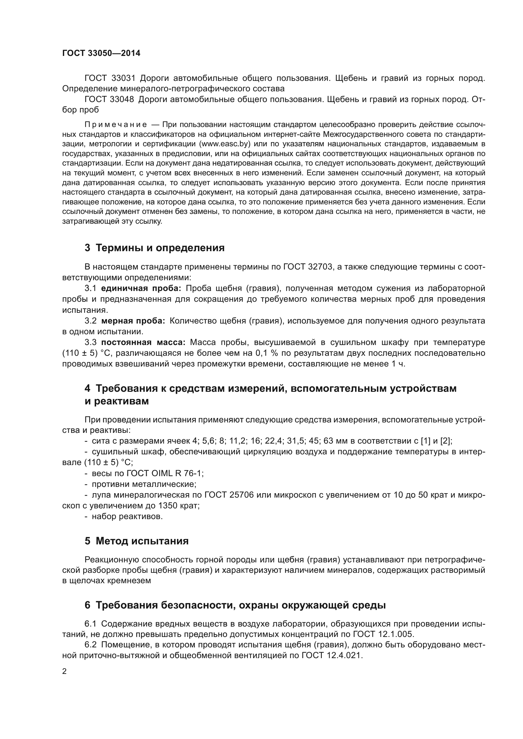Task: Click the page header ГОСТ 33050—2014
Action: click(x=101, y=53)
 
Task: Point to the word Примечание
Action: click(x=116, y=124)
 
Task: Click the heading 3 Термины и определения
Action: click(x=155, y=248)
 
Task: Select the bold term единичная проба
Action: click(x=141, y=288)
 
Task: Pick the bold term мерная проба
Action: click(x=133, y=321)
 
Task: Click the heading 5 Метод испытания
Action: click(x=137, y=541)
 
